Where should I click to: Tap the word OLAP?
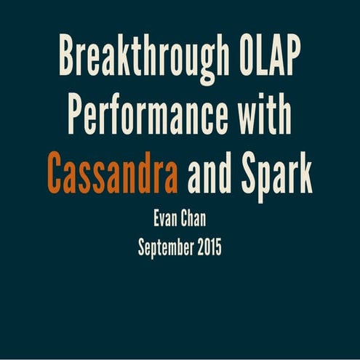270,56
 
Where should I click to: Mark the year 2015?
209,247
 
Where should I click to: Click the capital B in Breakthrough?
68,56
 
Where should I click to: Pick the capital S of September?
142,247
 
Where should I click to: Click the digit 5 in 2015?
218,247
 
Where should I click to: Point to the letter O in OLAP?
247,56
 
